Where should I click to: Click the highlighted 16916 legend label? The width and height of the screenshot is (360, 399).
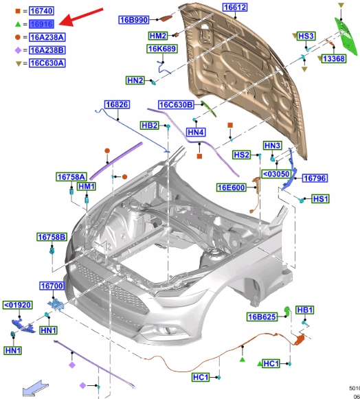pyautogui.click(x=41, y=24)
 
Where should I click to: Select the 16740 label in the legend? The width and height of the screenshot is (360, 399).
pyautogui.click(x=41, y=11)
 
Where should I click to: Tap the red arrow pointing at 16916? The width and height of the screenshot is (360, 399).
pyautogui.click(x=80, y=16)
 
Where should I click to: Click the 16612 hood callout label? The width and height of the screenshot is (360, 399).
pyautogui.click(x=235, y=8)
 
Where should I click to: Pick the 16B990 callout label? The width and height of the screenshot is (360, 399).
pyautogui.click(x=134, y=20)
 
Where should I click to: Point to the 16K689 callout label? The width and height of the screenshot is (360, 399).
pyautogui.click(x=162, y=49)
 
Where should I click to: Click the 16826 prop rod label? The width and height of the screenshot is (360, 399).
pyautogui.click(x=117, y=104)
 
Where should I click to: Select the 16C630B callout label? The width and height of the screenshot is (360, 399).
pyautogui.click(x=176, y=104)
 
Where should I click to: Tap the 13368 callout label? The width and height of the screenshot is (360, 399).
pyautogui.click(x=333, y=59)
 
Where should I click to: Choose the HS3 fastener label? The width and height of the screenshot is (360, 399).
pyautogui.click(x=306, y=36)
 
